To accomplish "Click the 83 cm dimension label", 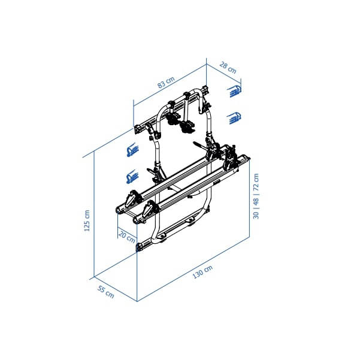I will tap(166, 83).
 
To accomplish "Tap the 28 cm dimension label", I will tap(228, 68).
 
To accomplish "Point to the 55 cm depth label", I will tap(105, 293).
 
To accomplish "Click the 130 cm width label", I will tap(202, 272).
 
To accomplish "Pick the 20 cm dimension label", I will tap(126, 235).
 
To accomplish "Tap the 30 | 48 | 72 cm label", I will tap(256, 196).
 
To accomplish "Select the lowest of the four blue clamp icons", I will tap(132, 177).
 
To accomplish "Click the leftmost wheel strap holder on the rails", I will tap(133, 198).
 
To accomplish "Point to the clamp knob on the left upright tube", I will tap(158, 173).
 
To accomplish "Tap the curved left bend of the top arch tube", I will tap(161, 114).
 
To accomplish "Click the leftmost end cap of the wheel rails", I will tap(119, 210).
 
